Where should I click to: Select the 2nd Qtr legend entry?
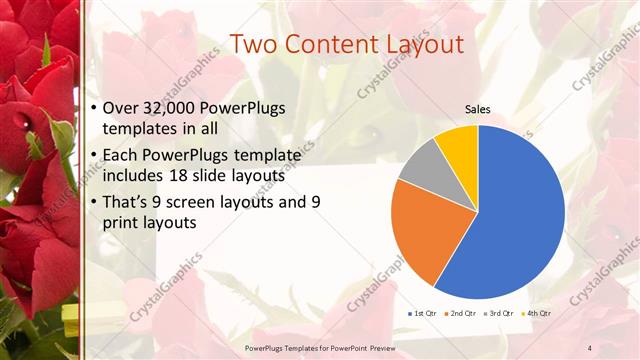click(460, 313)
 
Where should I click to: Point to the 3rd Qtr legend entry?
click(499, 313)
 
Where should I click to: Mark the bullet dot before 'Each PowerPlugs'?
click(94, 155)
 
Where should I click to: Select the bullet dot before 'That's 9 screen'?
click(94, 202)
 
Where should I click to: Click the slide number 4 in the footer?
click(589, 347)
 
